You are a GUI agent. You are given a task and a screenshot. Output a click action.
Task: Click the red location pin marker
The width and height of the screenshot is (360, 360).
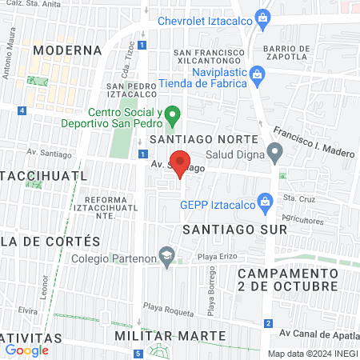[181, 162]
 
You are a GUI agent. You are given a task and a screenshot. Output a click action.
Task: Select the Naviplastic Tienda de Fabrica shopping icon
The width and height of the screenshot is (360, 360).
[256, 74]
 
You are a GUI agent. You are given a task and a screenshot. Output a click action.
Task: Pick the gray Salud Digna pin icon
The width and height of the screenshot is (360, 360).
[275, 150]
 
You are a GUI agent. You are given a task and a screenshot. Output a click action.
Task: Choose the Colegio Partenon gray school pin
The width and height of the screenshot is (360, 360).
[166, 258]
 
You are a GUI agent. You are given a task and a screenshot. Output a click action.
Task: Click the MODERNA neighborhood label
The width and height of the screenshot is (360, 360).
[69, 50]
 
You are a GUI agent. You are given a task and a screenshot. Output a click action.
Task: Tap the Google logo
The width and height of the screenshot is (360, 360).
[27, 349]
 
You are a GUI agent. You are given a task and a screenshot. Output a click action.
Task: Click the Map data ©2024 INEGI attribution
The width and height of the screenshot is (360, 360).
[313, 354]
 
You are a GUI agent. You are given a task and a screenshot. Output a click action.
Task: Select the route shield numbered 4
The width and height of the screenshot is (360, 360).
[22, 110]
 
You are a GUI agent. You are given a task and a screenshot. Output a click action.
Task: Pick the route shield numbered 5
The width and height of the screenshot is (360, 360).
[138, 354]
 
